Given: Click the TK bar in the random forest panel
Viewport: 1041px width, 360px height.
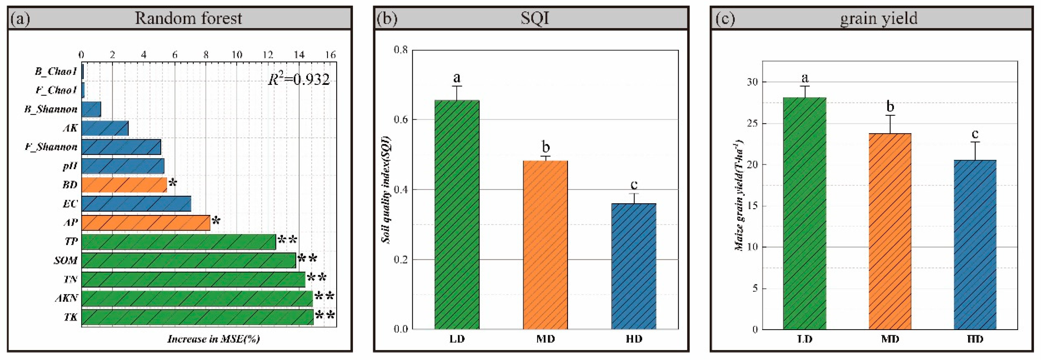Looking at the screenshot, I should tap(197, 317).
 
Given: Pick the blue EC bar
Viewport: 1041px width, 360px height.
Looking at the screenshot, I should tap(136, 204).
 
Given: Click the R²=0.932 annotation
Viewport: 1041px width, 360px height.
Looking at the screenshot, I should tap(299, 79).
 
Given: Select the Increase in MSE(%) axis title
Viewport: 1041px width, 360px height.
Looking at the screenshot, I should tap(213, 339).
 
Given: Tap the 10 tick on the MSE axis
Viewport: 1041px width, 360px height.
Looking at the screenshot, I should tap(236, 55).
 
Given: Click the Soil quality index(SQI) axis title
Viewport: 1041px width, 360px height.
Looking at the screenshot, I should tap(386, 190).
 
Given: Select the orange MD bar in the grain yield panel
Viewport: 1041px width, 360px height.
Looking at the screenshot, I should tap(890, 231).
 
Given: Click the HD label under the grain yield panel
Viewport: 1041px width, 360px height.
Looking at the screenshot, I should tap(975, 339).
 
